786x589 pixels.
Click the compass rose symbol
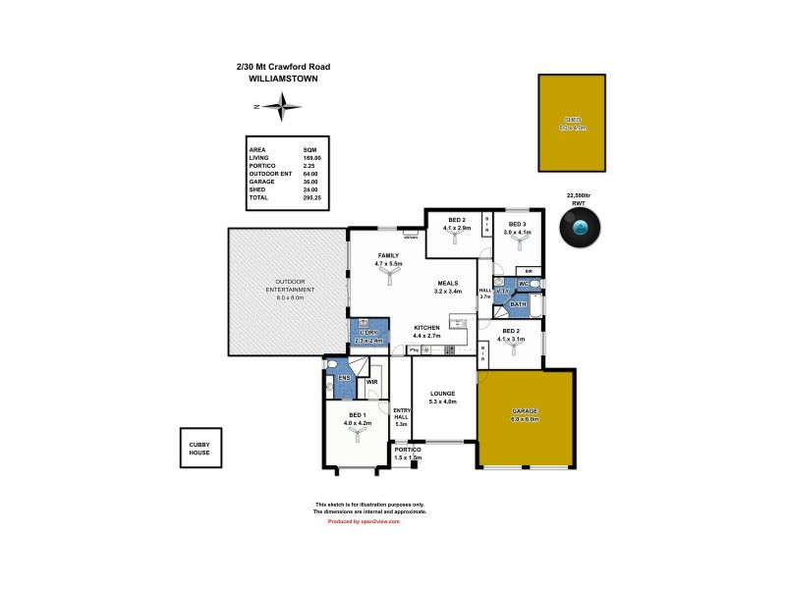(283, 107)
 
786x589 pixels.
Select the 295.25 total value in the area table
(312, 198)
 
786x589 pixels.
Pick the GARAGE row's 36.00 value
(312, 182)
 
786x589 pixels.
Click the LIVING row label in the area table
(258, 158)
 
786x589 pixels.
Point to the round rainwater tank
(581, 230)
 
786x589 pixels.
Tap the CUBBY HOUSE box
(199, 450)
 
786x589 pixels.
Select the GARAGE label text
(525, 410)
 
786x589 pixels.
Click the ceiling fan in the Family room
(390, 279)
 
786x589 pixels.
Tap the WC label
(525, 285)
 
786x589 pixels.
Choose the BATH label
(518, 305)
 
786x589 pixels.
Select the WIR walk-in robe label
(371, 382)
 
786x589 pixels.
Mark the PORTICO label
(407, 451)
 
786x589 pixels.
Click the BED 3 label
(516, 220)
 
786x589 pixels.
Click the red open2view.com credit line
(364, 521)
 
